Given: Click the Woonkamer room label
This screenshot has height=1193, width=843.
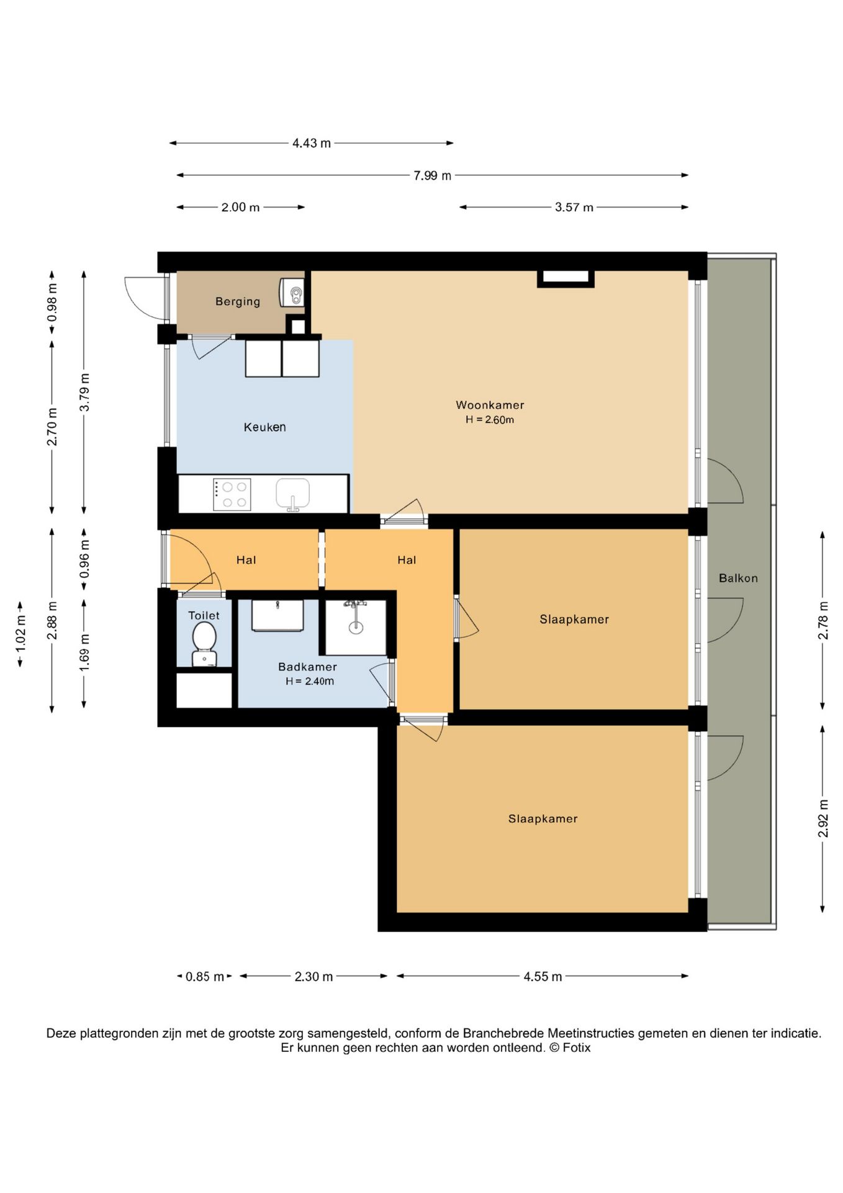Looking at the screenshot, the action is coord(490,405).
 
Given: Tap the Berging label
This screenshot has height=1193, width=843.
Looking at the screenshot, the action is coord(238,301).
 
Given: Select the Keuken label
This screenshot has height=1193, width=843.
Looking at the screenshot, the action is coord(264,427).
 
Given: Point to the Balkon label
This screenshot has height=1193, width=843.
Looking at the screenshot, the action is coord(738,578).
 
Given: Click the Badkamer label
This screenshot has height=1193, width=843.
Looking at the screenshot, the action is coord(307,667).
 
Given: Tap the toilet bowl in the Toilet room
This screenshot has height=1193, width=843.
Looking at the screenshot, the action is coord(204,643).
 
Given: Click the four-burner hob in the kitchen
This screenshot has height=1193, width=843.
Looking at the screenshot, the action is coord(232,495).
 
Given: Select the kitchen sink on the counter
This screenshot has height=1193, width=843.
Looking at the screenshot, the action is coord(292,495).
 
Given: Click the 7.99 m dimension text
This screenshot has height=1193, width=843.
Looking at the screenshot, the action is coord(432,176).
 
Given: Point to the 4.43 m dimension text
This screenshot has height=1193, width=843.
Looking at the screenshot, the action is coord(312,143).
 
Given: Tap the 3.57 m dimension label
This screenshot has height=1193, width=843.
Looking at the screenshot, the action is coord(574,208).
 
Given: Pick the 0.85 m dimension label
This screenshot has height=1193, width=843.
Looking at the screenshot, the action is coord(205,977).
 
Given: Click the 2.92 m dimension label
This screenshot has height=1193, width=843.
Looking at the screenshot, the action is coord(823,818).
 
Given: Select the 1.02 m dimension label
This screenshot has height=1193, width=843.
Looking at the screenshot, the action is coord(20,634).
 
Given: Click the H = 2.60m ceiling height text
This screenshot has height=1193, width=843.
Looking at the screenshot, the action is coord(490,420).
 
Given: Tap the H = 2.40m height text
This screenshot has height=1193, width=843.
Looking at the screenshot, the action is coord(310,682).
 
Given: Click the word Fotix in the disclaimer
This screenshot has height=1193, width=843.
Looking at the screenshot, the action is coord(577,1048).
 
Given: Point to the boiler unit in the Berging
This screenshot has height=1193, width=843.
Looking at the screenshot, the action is coord(292,292).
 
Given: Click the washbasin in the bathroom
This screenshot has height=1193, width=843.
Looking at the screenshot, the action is coord(277,615).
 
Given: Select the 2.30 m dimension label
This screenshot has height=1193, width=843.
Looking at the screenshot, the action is coord(313,977).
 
